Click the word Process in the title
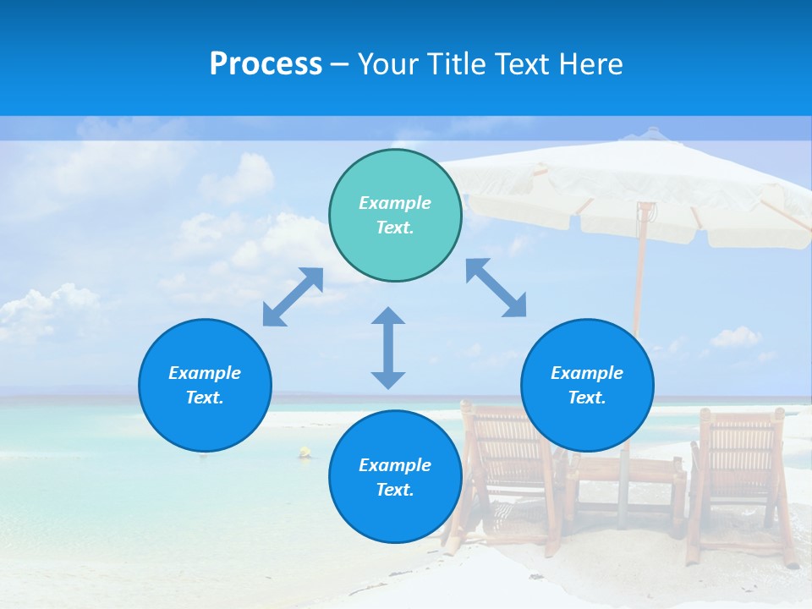[266, 64]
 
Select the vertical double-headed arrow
[388, 348]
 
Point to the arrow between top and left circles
[293, 297]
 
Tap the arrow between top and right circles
[497, 288]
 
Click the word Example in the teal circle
[395, 203]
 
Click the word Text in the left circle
[204, 398]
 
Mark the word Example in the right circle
[587, 373]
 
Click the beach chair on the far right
[741, 474]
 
